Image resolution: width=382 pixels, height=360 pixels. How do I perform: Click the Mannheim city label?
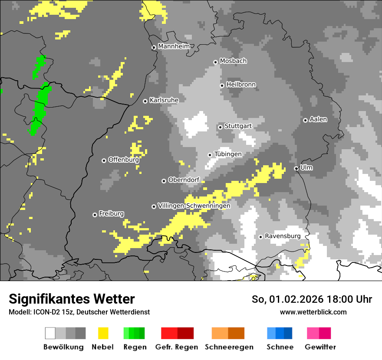tap(174, 46)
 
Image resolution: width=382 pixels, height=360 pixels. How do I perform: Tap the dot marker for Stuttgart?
tap(220, 127)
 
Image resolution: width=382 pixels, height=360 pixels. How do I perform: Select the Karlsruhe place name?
tap(164, 100)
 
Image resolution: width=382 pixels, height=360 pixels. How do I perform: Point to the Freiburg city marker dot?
tap(95, 215)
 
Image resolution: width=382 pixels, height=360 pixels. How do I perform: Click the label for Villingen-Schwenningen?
tap(194, 206)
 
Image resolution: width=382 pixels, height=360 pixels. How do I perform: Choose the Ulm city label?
tap(306, 167)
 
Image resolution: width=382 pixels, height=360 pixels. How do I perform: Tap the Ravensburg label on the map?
tap(283, 236)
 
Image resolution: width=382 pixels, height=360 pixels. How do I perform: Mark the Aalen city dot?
tap(305, 120)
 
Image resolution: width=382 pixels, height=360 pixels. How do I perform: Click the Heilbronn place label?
tap(241, 85)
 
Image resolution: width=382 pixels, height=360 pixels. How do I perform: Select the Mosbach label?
tap(233, 61)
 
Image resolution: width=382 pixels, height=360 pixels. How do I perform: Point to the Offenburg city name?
tap(123, 160)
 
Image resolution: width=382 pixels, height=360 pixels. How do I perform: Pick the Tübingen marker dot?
tap(210, 155)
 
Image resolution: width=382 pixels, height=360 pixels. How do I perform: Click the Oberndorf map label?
tap(184, 180)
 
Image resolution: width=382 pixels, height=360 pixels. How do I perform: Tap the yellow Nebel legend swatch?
tap(103, 333)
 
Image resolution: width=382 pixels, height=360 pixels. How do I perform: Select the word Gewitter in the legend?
tap(320, 347)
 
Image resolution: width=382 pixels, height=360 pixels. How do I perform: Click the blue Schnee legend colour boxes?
tap(280, 333)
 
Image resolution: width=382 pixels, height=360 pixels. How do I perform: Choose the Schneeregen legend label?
tap(229, 347)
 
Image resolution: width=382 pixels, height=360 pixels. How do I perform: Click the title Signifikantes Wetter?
tap(72, 299)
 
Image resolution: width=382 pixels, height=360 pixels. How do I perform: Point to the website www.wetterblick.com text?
tap(313, 312)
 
